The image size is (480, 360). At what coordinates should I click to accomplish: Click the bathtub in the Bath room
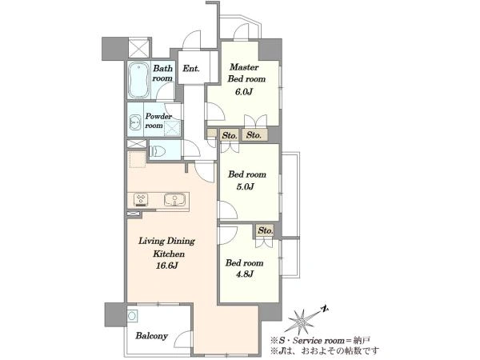point(138,80)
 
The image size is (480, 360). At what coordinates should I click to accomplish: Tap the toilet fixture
point(158,150)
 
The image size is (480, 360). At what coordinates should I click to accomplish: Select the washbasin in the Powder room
point(134,122)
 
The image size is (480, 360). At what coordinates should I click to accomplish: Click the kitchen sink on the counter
point(174,199)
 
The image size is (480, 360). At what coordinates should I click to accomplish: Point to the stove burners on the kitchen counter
point(141,200)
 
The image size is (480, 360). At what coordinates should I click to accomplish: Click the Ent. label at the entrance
point(190,68)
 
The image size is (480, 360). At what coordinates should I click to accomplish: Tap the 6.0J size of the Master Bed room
point(243,91)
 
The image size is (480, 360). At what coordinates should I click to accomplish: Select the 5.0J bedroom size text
point(246,186)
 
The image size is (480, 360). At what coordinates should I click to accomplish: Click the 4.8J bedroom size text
point(244,274)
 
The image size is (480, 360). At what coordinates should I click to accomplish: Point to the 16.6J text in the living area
point(167,266)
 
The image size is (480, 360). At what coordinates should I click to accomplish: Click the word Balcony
point(151,336)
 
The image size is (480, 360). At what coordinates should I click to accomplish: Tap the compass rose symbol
point(302,321)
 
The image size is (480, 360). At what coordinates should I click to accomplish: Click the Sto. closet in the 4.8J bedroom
point(265,230)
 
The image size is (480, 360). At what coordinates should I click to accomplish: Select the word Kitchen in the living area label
point(169,254)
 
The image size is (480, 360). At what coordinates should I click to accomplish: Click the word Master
point(244,66)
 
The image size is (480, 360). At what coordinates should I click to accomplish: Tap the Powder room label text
point(158,121)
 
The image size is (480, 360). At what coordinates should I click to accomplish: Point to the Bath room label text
point(162,73)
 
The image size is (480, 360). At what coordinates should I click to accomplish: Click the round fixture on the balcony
point(132,315)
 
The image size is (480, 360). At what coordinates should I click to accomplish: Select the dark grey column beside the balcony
point(115,314)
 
